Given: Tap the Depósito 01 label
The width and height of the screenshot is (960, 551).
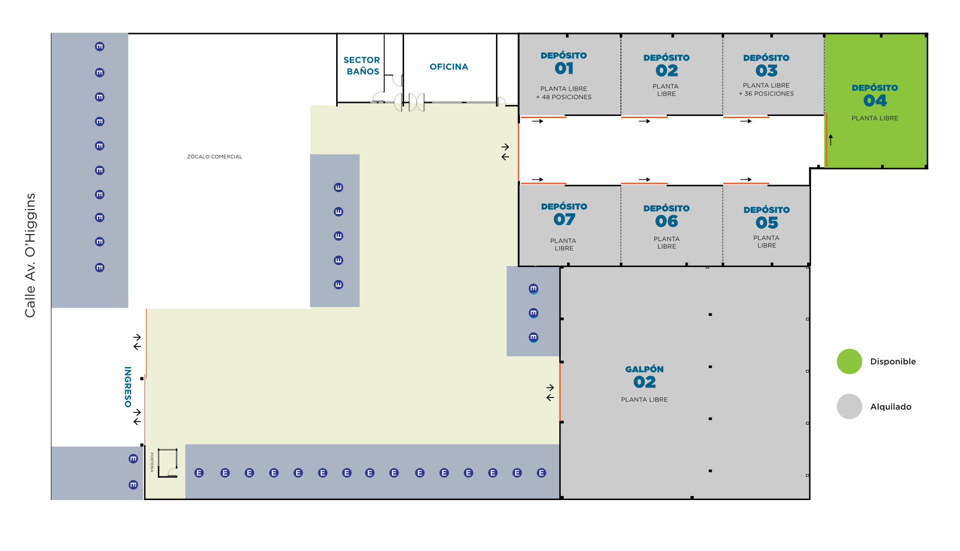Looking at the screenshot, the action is tap(563, 63).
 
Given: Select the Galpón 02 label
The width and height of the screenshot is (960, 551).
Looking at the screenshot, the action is tap(644, 376).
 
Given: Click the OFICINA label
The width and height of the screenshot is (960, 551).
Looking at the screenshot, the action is tap(449, 66).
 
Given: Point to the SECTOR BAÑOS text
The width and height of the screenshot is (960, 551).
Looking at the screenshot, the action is tap(362, 65).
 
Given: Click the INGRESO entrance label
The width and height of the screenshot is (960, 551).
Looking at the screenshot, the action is tap(128, 387).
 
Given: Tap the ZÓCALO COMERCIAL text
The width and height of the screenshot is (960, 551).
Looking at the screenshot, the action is tap(215, 156).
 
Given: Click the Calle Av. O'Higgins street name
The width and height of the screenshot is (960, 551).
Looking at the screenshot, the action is tap(30, 255).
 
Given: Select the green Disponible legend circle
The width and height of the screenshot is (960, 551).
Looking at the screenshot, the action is tap(849, 361).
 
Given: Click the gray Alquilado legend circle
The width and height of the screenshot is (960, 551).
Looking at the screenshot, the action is tap(849, 406).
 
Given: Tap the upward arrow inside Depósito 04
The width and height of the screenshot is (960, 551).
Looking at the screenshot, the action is tap(831, 139).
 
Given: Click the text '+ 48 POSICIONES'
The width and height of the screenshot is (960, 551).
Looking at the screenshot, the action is tap(563, 97).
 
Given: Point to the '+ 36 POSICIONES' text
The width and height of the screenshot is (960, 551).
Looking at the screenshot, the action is tap(766, 93).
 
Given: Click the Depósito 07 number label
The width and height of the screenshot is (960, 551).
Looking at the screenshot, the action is tap(564, 219).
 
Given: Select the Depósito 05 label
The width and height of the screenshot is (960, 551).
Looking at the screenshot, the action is tap(767, 216).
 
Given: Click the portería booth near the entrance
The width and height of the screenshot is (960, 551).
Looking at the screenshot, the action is tap(168, 463).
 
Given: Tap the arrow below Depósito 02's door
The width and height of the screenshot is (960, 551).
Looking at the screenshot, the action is tap(644, 121).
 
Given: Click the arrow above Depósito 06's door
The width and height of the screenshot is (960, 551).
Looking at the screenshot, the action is tap(644, 179).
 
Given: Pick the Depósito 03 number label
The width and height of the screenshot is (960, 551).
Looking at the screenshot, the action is tap(767, 70).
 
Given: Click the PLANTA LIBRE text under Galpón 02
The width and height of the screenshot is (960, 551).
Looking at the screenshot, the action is tap(644, 399).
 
